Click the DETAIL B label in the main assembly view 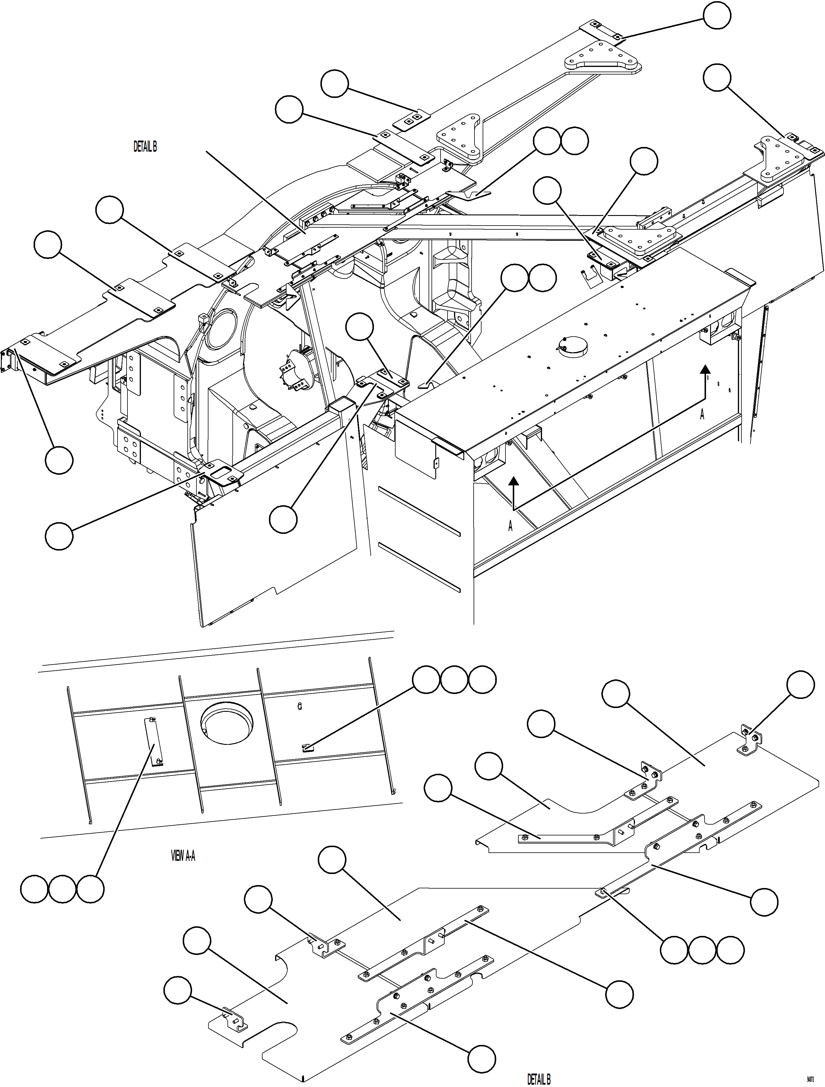[x=145, y=146]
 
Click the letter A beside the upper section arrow [x=702, y=415]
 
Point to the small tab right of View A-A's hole [x=306, y=748]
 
